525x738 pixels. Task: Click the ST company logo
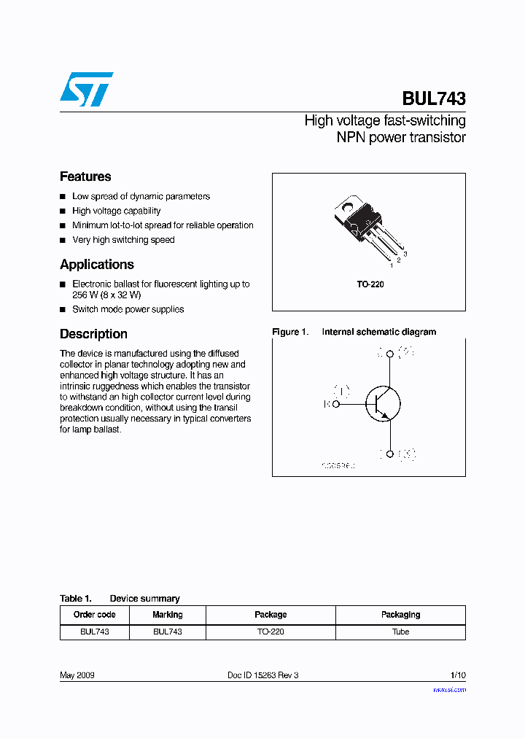pos(86,89)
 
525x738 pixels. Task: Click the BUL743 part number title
pos(433,98)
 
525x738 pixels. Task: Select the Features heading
pos(85,176)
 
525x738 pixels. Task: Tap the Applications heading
pos(97,265)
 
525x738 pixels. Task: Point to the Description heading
pos(93,334)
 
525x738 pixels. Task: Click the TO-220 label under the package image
pos(370,284)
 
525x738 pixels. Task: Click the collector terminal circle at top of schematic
pos(390,354)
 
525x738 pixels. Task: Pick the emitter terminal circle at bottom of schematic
pos(390,454)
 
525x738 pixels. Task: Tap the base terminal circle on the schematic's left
pos(336,403)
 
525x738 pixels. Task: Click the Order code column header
pos(94,615)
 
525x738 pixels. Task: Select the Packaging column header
pos(400,615)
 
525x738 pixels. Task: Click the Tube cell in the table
pos(400,632)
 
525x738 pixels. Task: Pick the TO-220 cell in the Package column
pos(271,632)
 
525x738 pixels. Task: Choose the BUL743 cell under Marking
pos(167,632)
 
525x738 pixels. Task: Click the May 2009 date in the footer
pos(77,675)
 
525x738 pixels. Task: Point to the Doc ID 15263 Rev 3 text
pos(262,675)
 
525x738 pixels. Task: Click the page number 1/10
pos(457,675)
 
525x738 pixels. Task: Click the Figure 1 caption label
pos(289,332)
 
